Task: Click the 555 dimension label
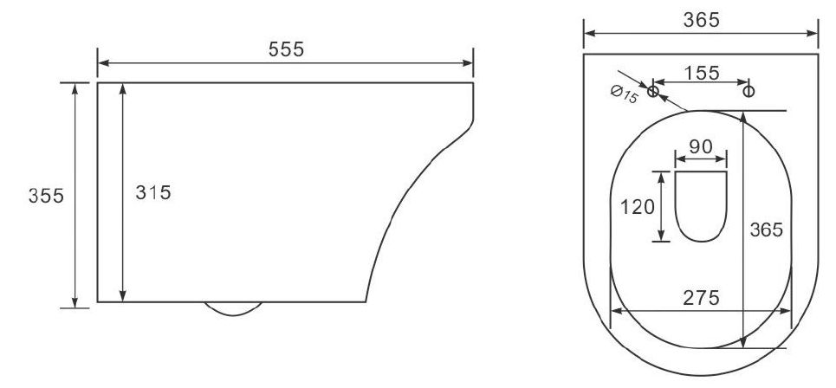coord(286,49)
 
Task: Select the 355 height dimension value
coord(47,196)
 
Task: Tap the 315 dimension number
coord(153,192)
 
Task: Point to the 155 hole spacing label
coord(702,73)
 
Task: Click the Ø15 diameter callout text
coord(624,95)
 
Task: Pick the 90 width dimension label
coord(701,146)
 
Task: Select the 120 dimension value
coord(637,206)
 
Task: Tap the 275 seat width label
coord(701,298)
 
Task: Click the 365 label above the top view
coord(701,20)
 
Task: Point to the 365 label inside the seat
coord(766,230)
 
